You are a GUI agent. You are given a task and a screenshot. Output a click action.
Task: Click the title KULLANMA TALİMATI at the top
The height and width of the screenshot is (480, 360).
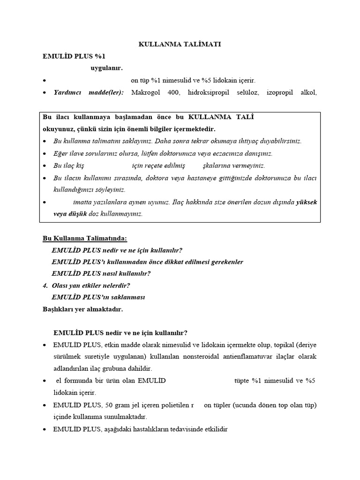180,44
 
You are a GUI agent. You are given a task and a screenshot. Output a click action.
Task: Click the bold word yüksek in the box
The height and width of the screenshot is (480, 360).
307,202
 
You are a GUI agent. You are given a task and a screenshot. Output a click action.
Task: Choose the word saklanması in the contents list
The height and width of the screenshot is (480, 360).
126,297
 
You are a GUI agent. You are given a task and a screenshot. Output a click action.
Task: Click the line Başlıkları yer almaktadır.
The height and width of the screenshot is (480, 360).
82,309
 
